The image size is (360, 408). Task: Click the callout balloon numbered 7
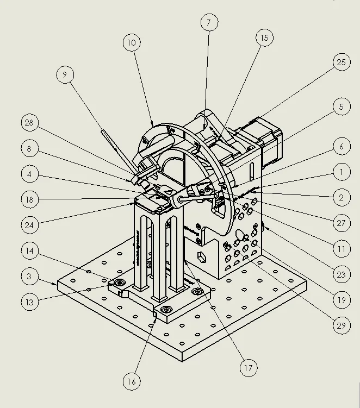click(x=208, y=23)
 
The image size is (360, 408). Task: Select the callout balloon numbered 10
click(x=132, y=43)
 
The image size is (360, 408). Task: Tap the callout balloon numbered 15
click(x=264, y=38)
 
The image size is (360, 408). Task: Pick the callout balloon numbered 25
click(x=341, y=62)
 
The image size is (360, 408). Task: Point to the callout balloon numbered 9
click(x=65, y=75)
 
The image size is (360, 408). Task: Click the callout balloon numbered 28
click(x=29, y=123)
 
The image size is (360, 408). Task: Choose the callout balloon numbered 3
click(x=30, y=277)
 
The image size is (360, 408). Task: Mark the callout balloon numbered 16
click(x=131, y=381)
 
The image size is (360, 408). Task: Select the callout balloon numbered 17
click(x=249, y=368)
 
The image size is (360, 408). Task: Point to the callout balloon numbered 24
click(x=30, y=224)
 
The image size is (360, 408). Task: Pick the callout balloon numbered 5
click(x=341, y=107)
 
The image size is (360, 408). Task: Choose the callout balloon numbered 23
click(x=341, y=274)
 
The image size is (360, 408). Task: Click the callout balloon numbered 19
click(x=341, y=300)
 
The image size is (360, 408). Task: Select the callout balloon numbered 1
click(x=341, y=173)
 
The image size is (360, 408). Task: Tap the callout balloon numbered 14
click(x=30, y=251)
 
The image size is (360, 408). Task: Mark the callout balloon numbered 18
click(x=30, y=199)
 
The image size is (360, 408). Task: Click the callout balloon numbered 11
click(x=341, y=249)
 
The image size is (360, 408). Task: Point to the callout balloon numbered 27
click(x=341, y=223)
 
